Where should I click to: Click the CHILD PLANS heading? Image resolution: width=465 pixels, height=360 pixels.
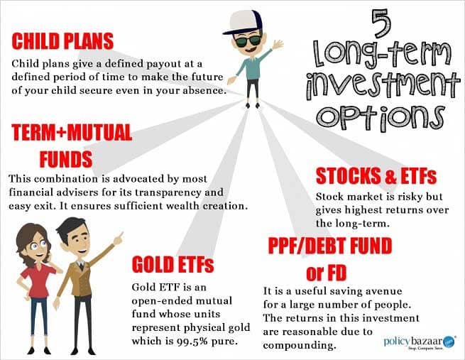(62, 41)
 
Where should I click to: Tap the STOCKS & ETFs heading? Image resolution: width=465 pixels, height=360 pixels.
(376, 176)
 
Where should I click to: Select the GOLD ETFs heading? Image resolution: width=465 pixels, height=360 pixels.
(173, 264)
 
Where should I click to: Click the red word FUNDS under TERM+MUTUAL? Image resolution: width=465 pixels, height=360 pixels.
(66, 159)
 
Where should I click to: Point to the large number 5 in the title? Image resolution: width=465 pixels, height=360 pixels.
(381, 24)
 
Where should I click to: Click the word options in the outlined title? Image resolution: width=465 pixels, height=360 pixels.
(381, 117)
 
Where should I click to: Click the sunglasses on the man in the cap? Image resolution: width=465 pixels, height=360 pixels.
(248, 40)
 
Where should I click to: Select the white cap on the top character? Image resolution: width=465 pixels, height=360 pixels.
(244, 22)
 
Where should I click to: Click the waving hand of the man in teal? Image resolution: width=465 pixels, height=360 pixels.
(278, 45)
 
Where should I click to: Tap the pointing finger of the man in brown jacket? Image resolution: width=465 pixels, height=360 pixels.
(119, 238)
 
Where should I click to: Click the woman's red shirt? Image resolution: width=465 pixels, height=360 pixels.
(38, 280)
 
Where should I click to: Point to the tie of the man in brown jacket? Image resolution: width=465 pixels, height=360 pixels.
(81, 266)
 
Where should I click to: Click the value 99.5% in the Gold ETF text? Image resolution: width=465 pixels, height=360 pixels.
(192, 342)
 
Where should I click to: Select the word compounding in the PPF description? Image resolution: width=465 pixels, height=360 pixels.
(300, 346)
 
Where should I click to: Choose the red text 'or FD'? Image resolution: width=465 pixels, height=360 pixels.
(327, 273)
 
